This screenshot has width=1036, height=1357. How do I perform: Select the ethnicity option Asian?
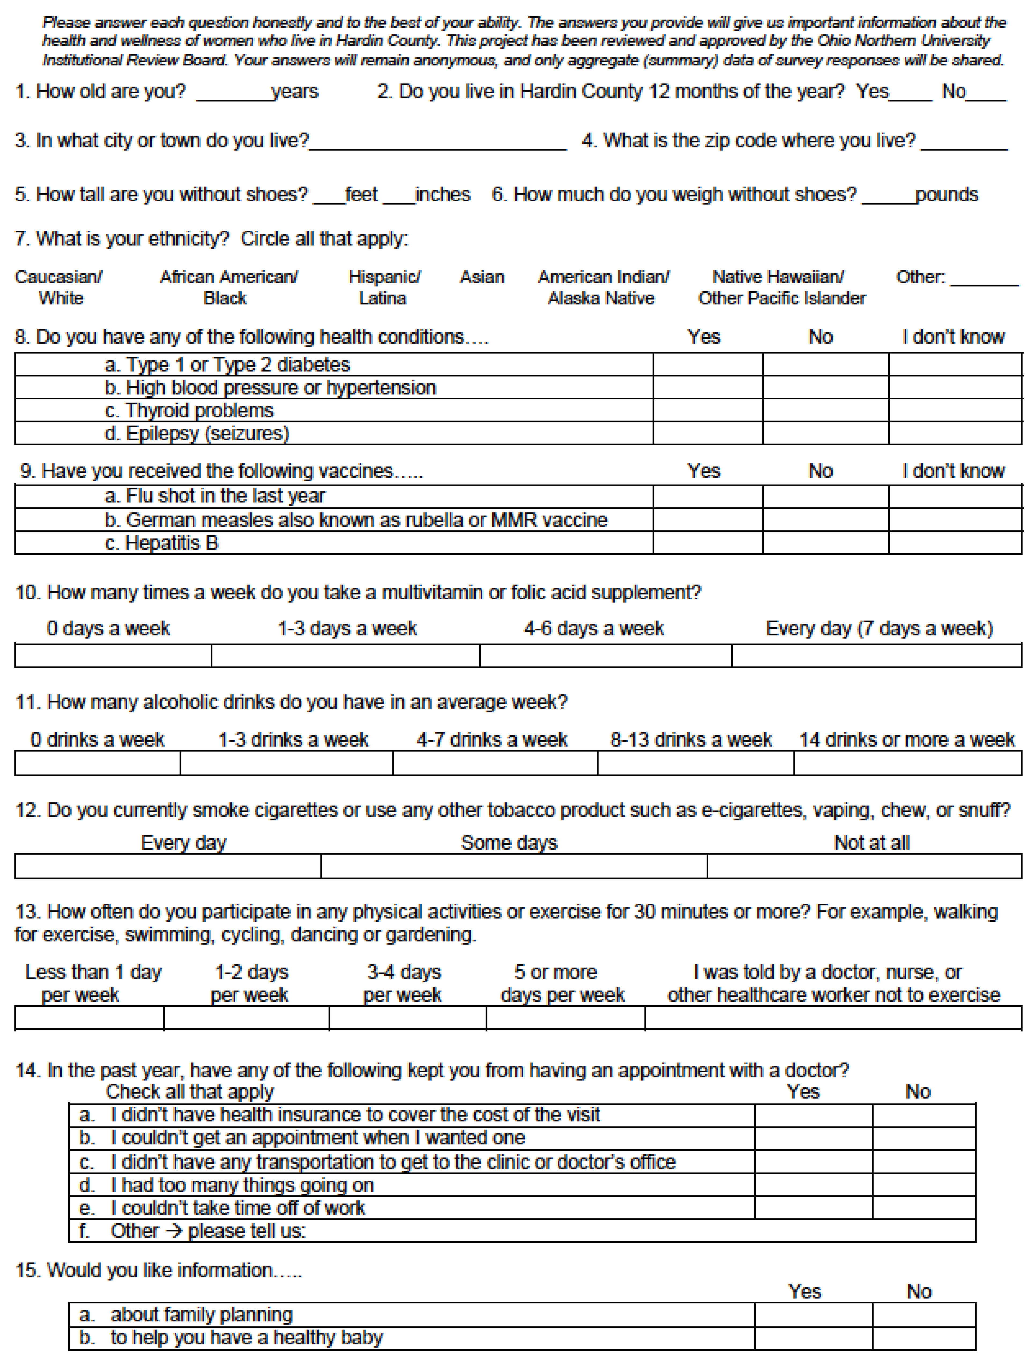482,277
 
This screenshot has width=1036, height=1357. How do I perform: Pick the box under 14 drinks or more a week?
907,764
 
